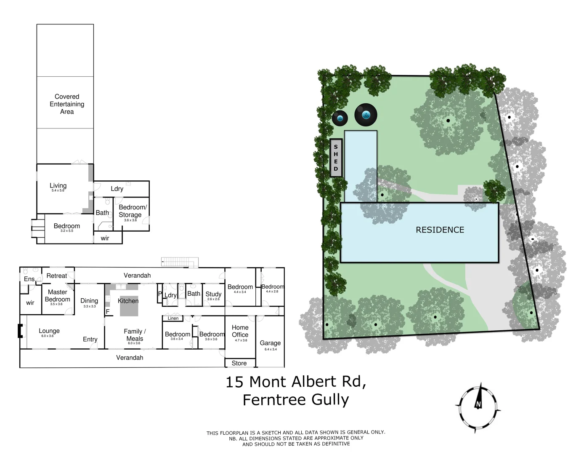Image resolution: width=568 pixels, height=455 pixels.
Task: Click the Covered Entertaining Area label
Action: (67, 104)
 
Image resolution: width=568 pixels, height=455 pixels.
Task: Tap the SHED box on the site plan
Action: (336, 158)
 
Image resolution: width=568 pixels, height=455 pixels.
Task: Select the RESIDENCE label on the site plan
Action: (440, 230)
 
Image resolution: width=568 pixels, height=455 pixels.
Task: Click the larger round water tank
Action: (366, 114)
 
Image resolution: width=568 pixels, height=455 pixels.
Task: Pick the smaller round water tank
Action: (340, 118)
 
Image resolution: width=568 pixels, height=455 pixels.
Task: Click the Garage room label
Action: (270, 343)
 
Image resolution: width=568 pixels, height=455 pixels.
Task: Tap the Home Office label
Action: (240, 331)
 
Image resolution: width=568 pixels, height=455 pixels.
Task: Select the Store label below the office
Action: (239, 363)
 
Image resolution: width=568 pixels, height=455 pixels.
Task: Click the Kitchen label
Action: (128, 301)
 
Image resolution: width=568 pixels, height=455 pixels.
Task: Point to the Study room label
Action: (213, 294)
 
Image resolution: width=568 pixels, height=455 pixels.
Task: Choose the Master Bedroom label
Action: (57, 296)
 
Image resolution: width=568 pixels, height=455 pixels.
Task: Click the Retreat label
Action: (56, 276)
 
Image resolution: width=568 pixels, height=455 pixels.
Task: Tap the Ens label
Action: (29, 279)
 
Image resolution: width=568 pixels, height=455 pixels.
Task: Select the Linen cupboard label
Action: (173, 318)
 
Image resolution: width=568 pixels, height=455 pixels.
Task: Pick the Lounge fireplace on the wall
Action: (19, 331)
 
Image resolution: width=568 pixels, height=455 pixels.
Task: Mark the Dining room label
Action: (89, 301)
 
